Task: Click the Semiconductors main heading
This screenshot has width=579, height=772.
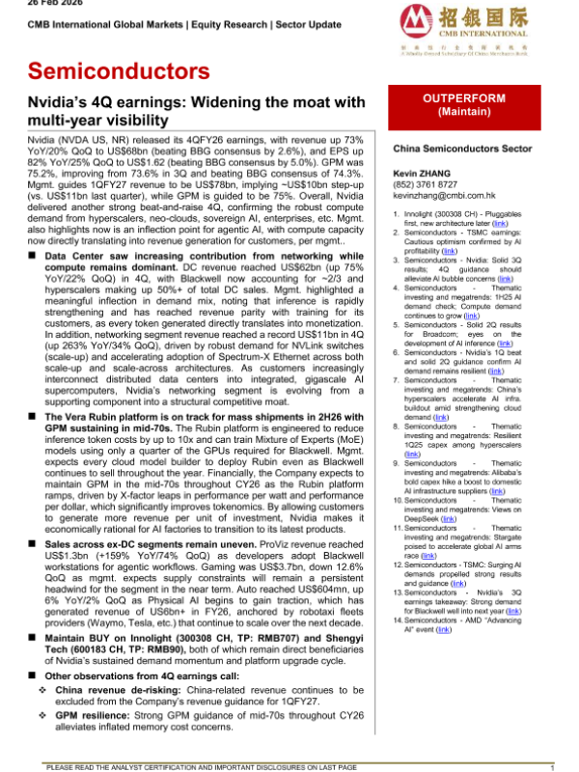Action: pos(119,70)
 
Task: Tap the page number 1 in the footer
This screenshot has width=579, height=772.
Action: pos(550,766)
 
